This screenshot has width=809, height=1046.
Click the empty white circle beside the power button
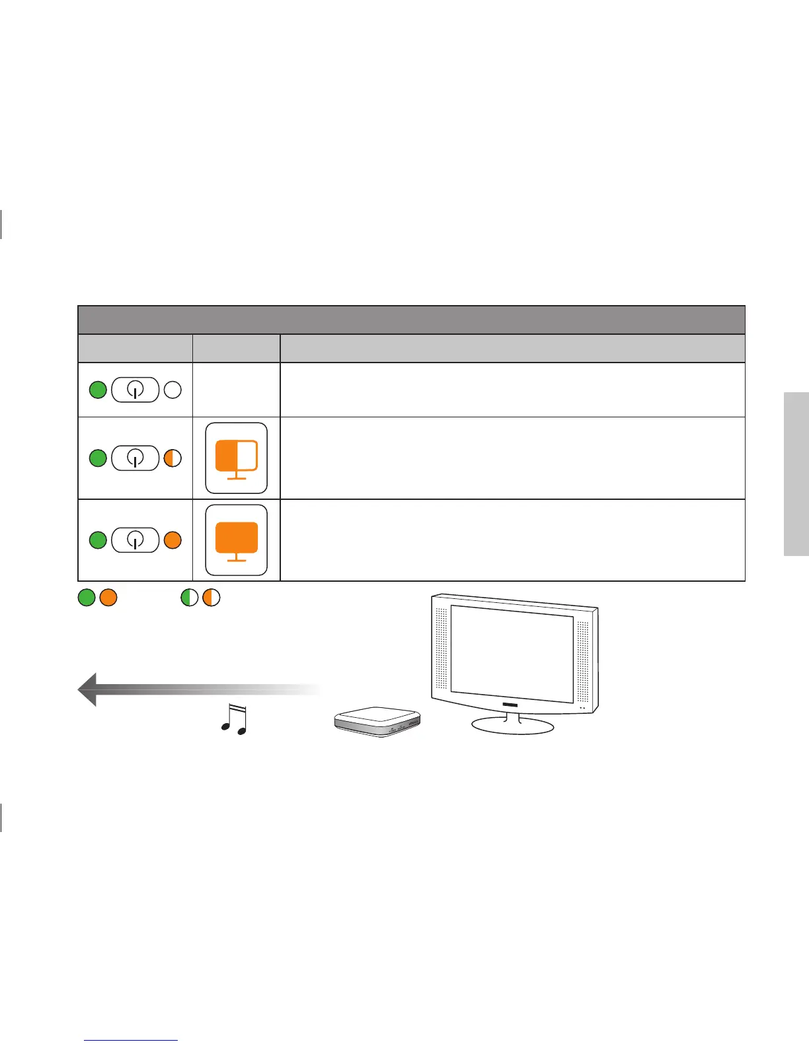tap(173, 390)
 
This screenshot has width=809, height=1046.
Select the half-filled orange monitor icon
tap(237, 458)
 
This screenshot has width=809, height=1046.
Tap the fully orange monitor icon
tap(237, 540)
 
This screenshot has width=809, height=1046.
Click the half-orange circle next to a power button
tap(173, 458)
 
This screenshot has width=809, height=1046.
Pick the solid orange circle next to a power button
tap(173, 540)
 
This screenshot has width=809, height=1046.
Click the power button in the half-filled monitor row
tap(135, 458)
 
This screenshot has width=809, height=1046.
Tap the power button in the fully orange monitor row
tap(135, 540)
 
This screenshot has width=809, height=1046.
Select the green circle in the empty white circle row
tap(98, 390)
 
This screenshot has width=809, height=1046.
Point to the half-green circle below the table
tap(190, 598)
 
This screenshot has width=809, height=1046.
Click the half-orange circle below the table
tap(212, 598)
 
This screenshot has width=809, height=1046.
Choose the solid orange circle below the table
tap(108, 598)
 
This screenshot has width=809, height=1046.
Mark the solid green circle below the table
tap(87, 598)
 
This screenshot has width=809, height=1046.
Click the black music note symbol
tap(234, 720)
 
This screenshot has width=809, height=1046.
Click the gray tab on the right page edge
tap(796, 474)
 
